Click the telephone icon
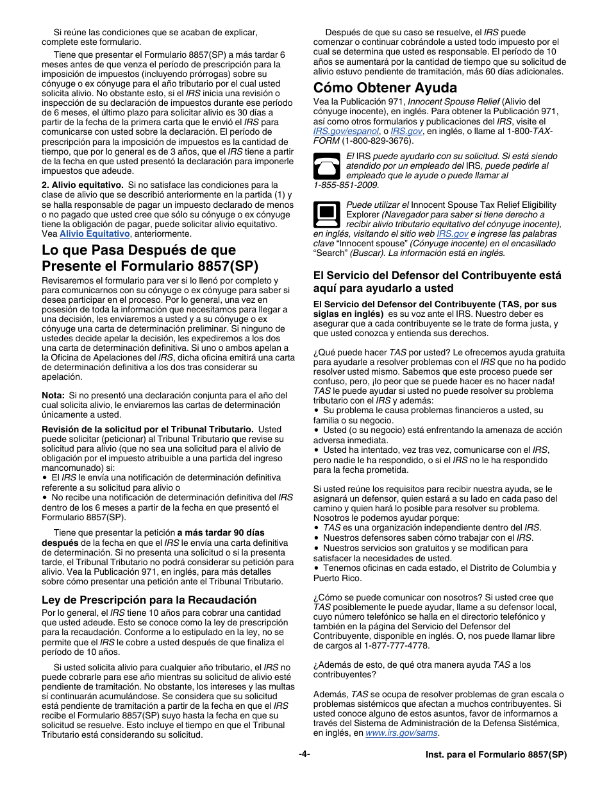point(326,167)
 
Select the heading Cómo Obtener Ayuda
point(385,88)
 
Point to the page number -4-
point(304,754)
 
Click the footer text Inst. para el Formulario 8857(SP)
point(496,755)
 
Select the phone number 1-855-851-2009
point(346,185)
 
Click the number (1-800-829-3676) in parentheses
point(378,140)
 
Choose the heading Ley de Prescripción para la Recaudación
point(149,600)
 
